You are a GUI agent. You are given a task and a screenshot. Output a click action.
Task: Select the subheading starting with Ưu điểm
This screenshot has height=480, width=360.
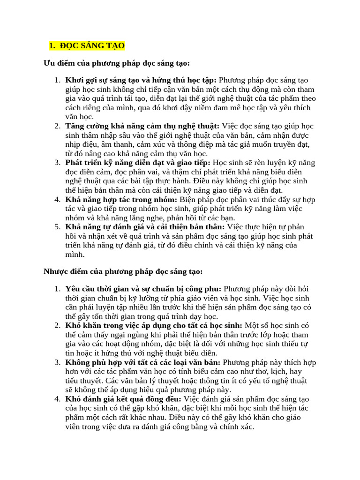117,63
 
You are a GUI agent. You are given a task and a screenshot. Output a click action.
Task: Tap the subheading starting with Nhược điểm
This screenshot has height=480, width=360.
123,271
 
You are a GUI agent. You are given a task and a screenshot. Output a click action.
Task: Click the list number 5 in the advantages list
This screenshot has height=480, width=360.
57,227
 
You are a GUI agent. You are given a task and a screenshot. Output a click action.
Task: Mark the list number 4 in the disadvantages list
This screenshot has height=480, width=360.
57,399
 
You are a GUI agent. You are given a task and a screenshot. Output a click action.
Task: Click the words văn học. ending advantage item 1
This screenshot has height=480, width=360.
80,117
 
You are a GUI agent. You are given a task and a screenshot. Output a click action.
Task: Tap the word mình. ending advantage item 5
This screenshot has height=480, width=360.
75,255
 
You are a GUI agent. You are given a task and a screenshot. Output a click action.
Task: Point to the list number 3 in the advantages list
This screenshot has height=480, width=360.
57,163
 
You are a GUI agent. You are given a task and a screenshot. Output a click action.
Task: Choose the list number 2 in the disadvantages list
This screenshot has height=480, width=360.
57,326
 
